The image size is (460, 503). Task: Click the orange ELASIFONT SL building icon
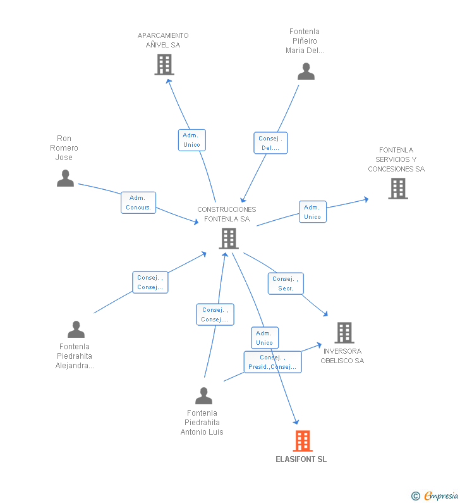[x=303, y=441]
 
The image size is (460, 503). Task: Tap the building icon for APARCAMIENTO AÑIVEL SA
[x=164, y=65]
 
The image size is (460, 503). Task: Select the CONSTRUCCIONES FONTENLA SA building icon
[x=229, y=239]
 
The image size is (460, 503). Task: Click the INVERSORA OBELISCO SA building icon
[x=344, y=333]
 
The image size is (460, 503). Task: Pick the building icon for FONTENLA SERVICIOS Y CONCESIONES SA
[x=398, y=189]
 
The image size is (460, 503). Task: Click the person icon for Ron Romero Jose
[x=65, y=178]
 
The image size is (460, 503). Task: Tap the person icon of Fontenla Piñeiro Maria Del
[x=306, y=71]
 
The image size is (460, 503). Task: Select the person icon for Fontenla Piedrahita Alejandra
[x=76, y=329]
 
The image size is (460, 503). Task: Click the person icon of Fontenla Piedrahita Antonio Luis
[x=203, y=395]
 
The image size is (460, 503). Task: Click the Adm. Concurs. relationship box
[x=138, y=202]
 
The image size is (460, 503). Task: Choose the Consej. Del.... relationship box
[x=270, y=143]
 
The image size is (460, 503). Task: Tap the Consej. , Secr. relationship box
[x=286, y=283]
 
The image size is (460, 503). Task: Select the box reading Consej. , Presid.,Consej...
[x=272, y=362]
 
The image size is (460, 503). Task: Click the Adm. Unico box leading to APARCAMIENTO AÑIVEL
[x=192, y=140]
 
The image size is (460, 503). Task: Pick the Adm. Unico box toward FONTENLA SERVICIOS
[x=313, y=212]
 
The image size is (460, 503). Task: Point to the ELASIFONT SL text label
[x=301, y=459]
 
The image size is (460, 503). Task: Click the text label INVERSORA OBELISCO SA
[x=342, y=356]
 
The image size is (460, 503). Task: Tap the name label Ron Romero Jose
[x=64, y=148]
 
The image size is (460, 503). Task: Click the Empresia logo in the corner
[x=435, y=496]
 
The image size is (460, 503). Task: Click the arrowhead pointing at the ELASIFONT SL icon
[x=296, y=422]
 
